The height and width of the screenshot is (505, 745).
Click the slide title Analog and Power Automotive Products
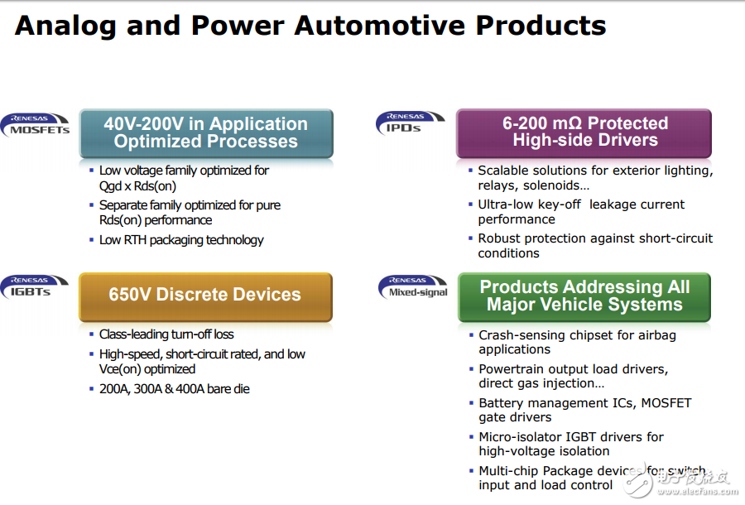pos(310,25)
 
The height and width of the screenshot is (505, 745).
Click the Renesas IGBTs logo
pos(36,286)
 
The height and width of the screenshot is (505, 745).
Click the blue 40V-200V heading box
pos(206,132)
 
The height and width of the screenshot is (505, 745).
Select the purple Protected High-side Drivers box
pos(584,132)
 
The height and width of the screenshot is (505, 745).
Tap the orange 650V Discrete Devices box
pos(205,296)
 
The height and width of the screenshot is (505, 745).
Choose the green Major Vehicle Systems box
pos(584,296)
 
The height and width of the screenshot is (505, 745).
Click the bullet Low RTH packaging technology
pos(181,240)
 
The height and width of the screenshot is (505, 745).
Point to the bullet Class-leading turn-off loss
pos(166,334)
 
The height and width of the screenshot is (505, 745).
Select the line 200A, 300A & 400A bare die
pos(174,388)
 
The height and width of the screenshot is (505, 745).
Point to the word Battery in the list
pos(501,403)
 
